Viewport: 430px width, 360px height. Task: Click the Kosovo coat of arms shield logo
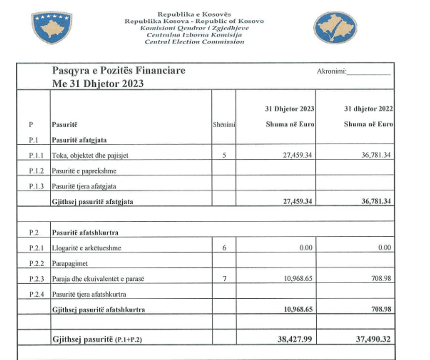pos(52,28)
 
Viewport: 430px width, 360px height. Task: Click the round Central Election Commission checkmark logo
pos(336,28)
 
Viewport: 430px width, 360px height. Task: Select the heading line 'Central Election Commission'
pos(194,42)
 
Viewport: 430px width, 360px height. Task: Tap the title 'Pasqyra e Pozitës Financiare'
pos(118,71)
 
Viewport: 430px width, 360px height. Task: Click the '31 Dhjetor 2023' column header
pos(290,109)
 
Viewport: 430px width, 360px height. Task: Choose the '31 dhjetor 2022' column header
pos(368,109)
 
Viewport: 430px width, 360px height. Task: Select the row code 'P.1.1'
pos(34,155)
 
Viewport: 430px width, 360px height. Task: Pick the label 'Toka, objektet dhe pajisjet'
pos(90,155)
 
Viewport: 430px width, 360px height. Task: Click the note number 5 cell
pos(224,155)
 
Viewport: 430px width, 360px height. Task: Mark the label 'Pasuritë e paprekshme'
pos(84,171)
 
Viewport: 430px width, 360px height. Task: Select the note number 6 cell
pos(224,248)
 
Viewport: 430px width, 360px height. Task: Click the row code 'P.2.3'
pos(34,279)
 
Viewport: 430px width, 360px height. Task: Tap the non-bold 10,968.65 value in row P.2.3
pos(295,278)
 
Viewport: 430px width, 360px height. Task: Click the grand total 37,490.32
pos(371,339)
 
